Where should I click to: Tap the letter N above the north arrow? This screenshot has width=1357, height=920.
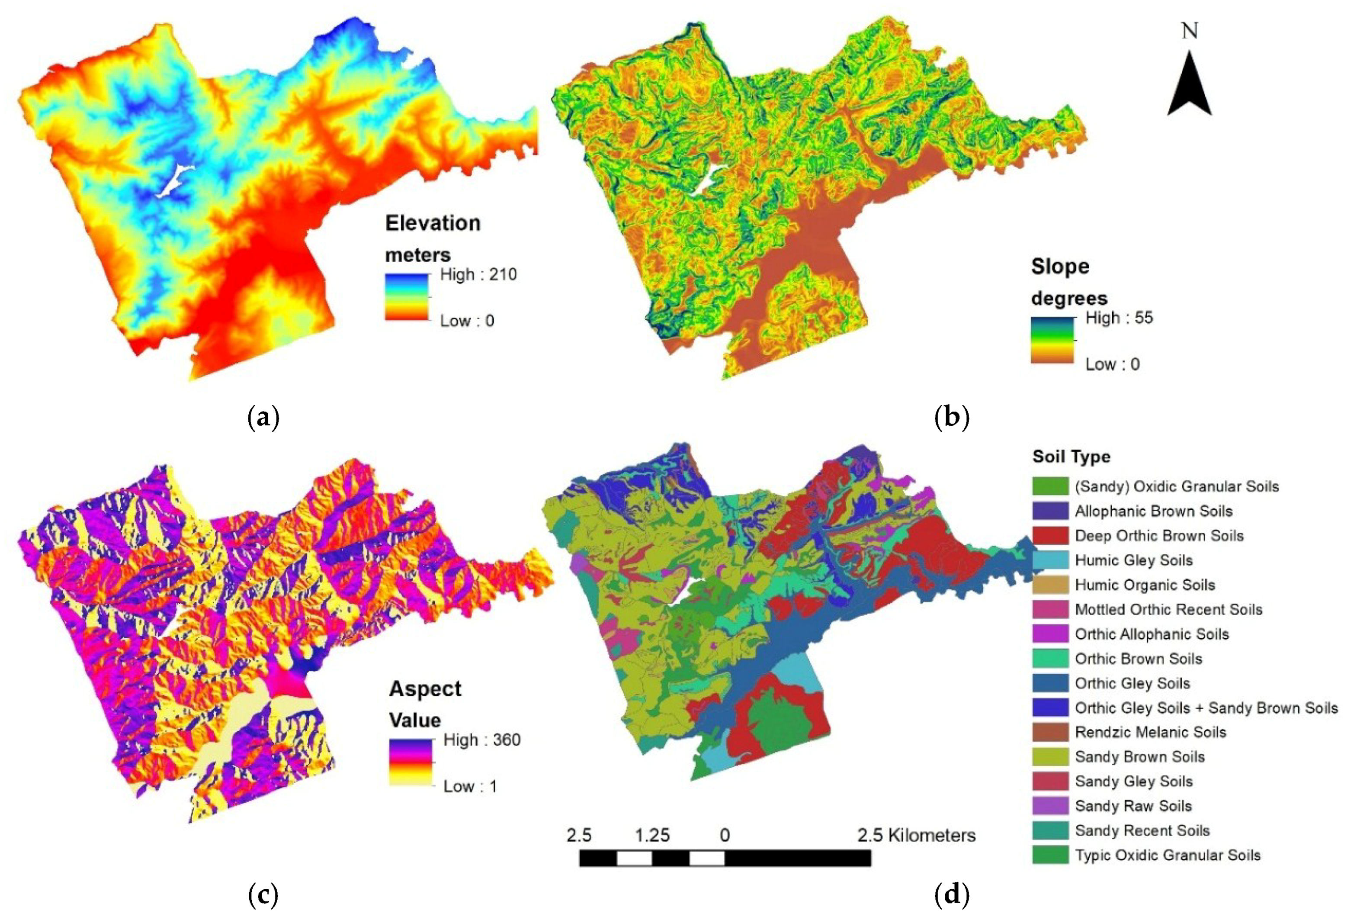pyautogui.click(x=1190, y=30)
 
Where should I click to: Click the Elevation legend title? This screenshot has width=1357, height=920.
pyautogui.click(x=433, y=223)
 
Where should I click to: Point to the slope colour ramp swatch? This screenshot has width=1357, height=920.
pyautogui.click(x=1052, y=340)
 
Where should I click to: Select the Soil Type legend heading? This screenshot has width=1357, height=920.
pyautogui.click(x=1071, y=456)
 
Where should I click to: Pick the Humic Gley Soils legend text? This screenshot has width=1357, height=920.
pyautogui.click(x=1133, y=560)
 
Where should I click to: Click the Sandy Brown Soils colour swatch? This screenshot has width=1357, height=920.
pyautogui.click(x=1050, y=756)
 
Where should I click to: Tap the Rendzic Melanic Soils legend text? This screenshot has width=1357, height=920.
pyautogui.click(x=1150, y=732)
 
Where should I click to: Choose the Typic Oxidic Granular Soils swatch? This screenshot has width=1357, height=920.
pyautogui.click(x=1050, y=855)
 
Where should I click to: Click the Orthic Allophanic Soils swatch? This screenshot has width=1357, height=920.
pyautogui.click(x=1050, y=634)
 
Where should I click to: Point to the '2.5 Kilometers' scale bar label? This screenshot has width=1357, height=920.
pyautogui.click(x=916, y=835)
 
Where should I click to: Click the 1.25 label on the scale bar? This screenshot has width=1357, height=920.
pyautogui.click(x=652, y=835)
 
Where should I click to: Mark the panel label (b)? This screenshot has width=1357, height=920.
pyautogui.click(x=951, y=418)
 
